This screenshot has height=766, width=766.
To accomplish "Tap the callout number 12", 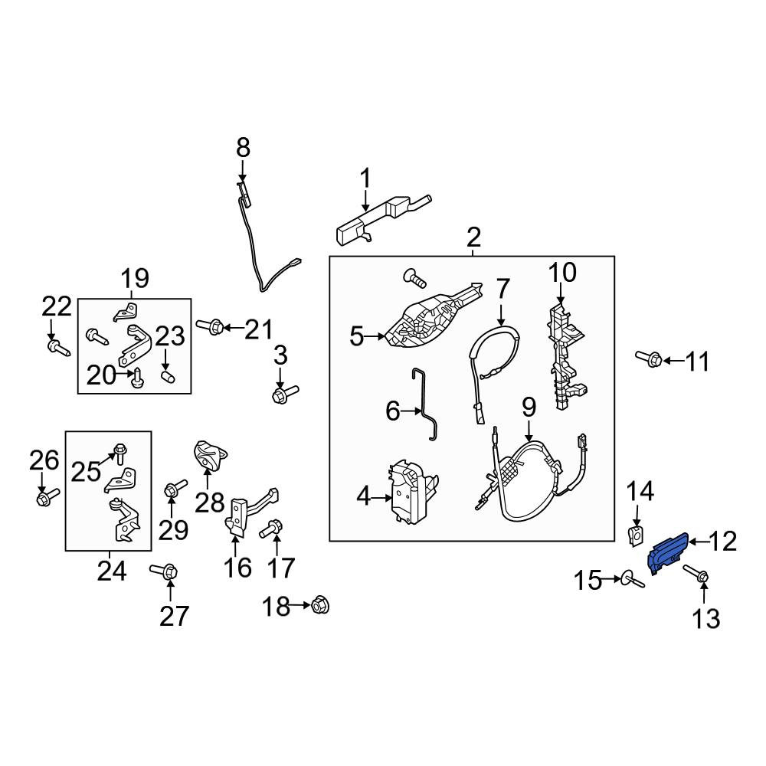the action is click(x=722, y=542).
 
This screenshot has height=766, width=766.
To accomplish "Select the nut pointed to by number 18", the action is click(x=320, y=606).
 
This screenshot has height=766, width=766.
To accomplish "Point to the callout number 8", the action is click(x=243, y=148).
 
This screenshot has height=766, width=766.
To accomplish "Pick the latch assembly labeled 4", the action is click(x=413, y=493).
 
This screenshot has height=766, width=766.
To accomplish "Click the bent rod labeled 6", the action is click(x=425, y=404).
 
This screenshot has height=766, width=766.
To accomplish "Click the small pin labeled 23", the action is click(x=168, y=377).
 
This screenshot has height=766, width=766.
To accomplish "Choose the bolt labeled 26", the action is click(x=47, y=496).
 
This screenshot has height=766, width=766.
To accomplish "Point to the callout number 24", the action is click(x=111, y=571).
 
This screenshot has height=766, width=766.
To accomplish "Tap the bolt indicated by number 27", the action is click(x=164, y=571).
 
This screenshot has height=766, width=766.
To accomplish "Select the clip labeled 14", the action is click(x=636, y=535).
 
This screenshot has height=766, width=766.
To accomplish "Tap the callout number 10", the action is click(x=562, y=273).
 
